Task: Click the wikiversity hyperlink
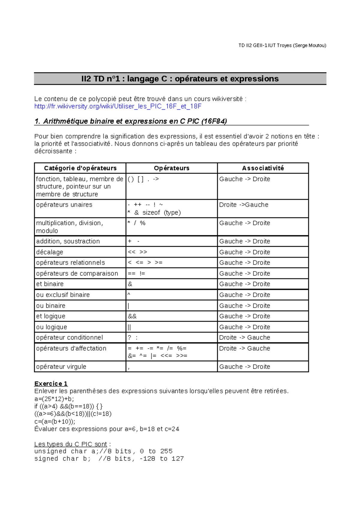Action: point(118,106)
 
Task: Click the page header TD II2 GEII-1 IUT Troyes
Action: point(282,46)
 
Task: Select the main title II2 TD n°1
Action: point(180,79)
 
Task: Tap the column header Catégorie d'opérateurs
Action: point(80,168)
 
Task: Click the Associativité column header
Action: point(263,168)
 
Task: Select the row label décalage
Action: point(49,252)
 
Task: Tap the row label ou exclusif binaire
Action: point(63,295)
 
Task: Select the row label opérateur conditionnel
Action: point(69,338)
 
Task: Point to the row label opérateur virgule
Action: point(61,367)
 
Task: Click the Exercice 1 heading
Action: point(51,384)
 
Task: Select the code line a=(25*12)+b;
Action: point(54,399)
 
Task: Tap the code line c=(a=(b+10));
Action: point(55,422)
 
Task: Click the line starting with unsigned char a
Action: point(103,451)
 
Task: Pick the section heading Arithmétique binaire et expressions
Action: point(130,121)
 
